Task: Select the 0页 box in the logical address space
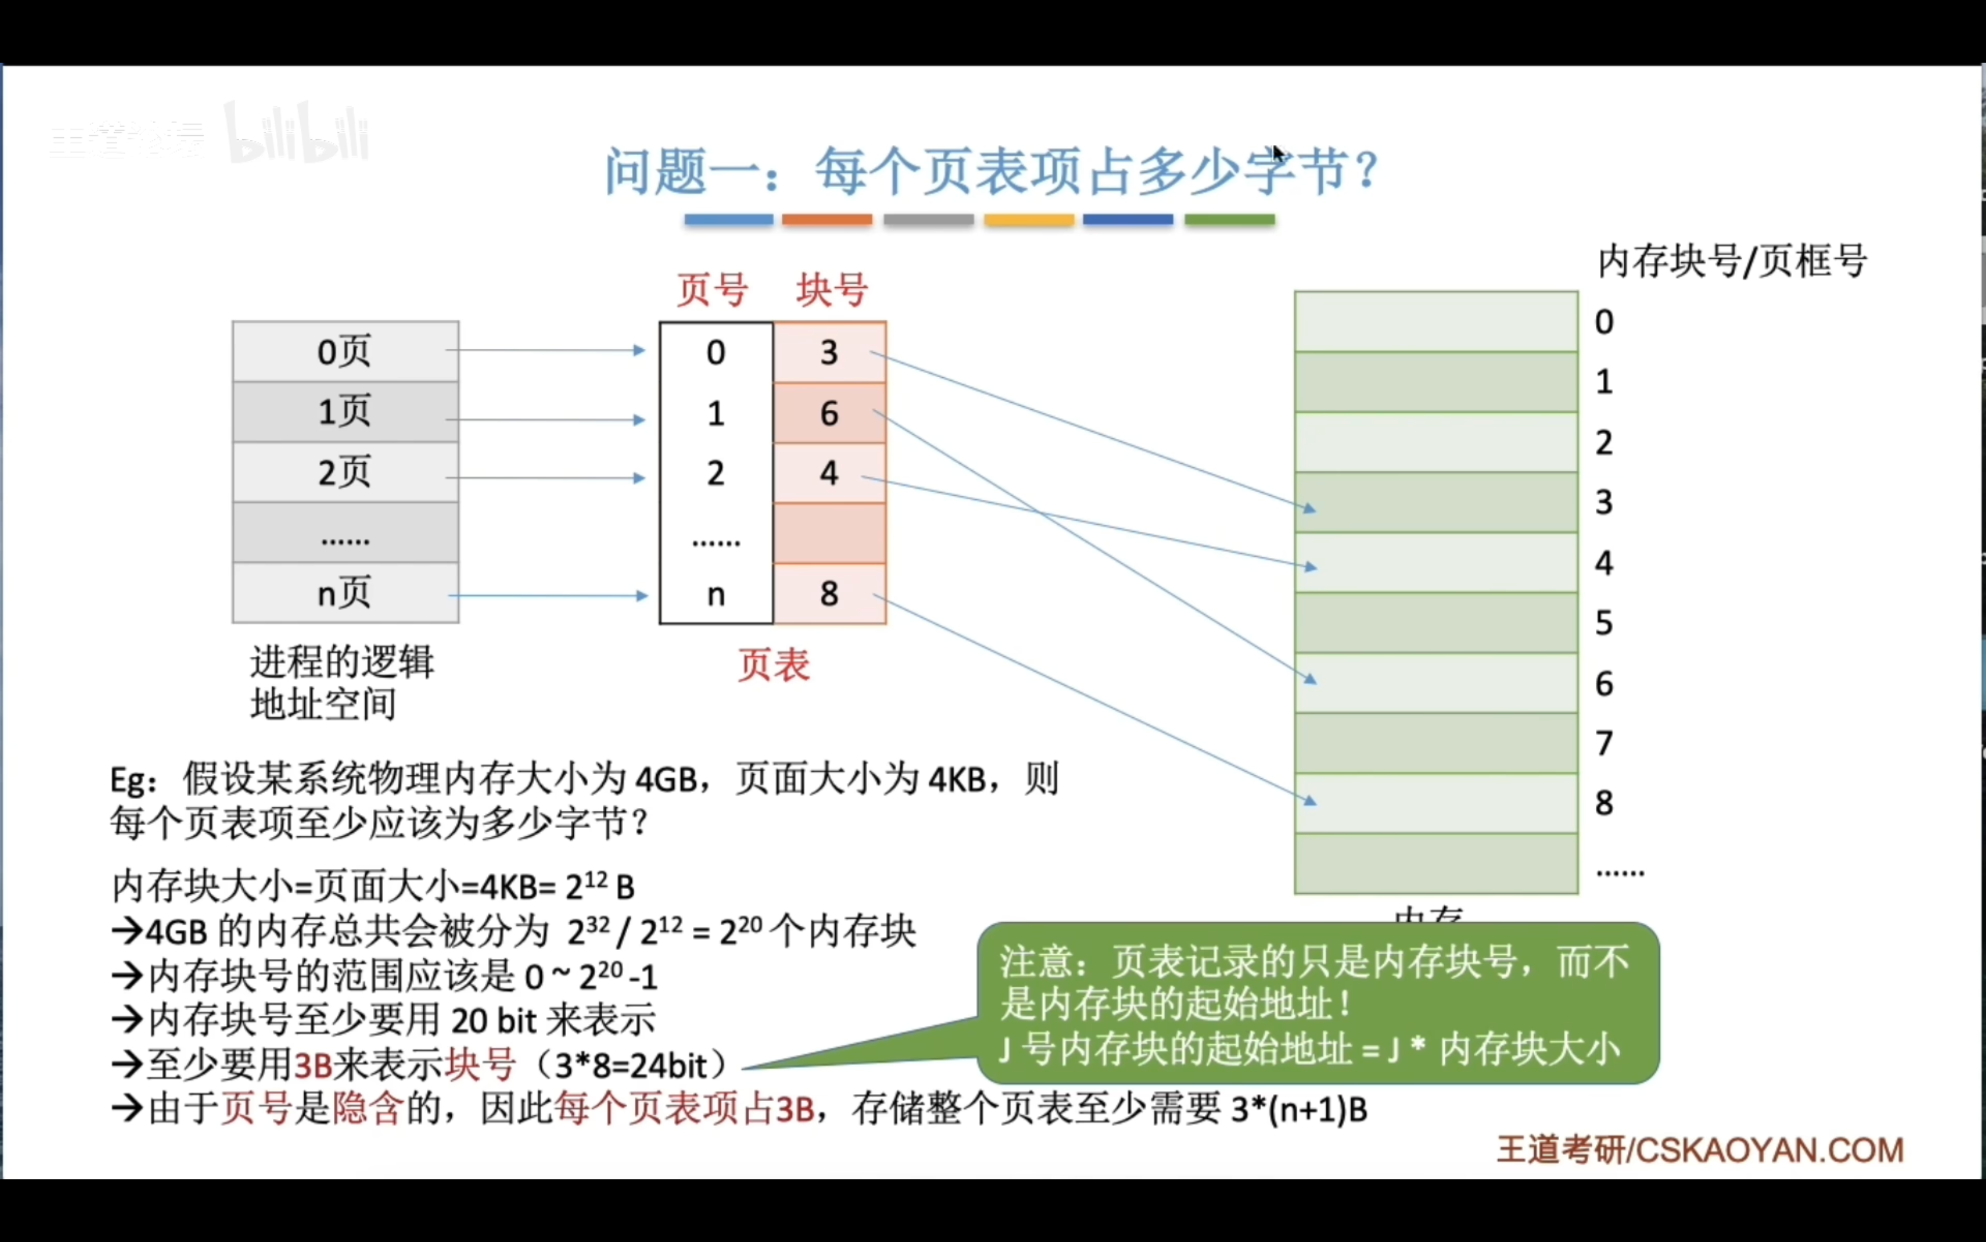click(x=345, y=352)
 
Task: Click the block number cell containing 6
click(x=829, y=413)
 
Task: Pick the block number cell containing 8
click(x=829, y=593)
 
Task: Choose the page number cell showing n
click(x=715, y=593)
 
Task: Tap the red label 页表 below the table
click(x=772, y=665)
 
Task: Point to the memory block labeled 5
click(x=1435, y=623)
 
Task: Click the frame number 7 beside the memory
click(x=1604, y=743)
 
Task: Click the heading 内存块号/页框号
click(x=1731, y=262)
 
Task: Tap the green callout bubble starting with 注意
click(x=1317, y=1004)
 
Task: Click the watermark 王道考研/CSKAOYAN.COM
click(x=1699, y=1150)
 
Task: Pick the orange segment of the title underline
click(x=826, y=220)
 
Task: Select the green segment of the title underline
click(x=1229, y=220)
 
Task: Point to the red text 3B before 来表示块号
click(x=313, y=1066)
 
